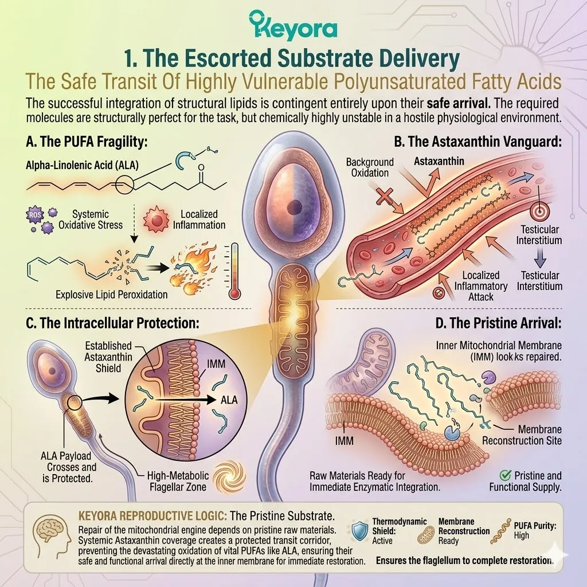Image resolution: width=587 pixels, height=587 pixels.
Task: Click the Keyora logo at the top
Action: pyautogui.click(x=293, y=25)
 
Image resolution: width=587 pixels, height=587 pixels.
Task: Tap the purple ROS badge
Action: pyautogui.click(x=34, y=215)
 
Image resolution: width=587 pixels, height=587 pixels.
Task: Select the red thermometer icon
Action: pyautogui.click(x=234, y=271)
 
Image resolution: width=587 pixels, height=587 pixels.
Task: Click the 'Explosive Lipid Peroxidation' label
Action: pyautogui.click(x=112, y=295)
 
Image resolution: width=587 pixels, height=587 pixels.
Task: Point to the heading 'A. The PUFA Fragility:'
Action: pyautogui.click(x=87, y=142)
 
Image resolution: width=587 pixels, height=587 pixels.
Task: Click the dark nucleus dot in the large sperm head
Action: pyautogui.click(x=295, y=206)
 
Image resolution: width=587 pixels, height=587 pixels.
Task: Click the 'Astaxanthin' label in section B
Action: pyautogui.click(x=439, y=161)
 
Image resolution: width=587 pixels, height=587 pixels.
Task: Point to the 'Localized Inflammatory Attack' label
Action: pyautogui.click(x=481, y=286)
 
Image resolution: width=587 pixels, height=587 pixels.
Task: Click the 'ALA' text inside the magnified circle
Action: pyautogui.click(x=229, y=400)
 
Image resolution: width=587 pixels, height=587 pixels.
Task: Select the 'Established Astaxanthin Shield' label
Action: pyautogui.click(x=108, y=357)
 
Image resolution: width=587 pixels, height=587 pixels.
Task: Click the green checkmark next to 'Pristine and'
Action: pyautogui.click(x=505, y=475)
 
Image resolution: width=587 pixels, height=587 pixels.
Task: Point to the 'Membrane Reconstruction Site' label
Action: pyautogui.click(x=522, y=435)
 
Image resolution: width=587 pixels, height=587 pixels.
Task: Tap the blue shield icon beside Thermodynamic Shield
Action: pyautogui.click(x=360, y=530)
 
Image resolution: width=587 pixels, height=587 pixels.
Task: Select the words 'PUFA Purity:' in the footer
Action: pyautogui.click(x=535, y=526)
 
